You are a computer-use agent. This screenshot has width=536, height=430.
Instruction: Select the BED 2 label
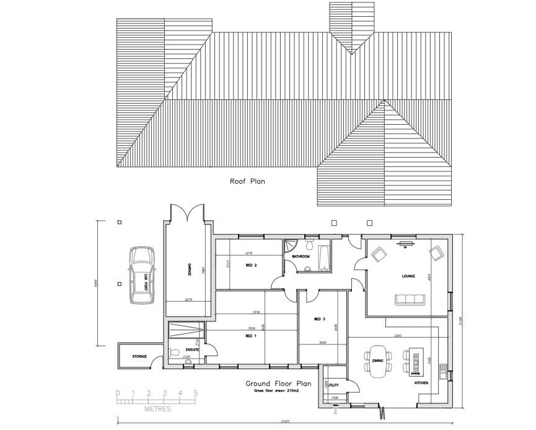(251, 266)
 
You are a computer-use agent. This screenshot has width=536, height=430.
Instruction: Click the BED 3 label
(320, 319)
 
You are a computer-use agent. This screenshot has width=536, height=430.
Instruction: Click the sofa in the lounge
(410, 300)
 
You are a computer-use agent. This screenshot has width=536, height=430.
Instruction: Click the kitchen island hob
(416, 360)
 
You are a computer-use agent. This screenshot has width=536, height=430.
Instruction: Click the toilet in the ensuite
(172, 353)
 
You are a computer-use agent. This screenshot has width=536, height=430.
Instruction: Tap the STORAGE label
(139, 357)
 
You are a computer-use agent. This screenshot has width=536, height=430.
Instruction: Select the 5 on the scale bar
(196, 393)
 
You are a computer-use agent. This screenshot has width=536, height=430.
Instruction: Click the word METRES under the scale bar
(157, 409)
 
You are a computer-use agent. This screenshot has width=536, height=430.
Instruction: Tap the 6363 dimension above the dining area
(398, 336)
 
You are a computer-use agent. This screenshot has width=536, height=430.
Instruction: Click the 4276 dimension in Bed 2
(249, 253)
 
